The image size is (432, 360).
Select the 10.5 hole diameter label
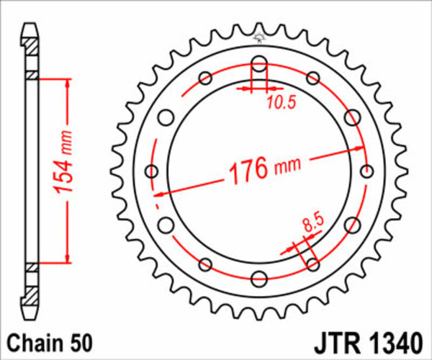281,102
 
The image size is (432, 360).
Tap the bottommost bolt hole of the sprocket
259,279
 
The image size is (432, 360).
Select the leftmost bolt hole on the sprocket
151,171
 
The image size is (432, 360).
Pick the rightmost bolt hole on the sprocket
367,171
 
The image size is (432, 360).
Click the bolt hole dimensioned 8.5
313,264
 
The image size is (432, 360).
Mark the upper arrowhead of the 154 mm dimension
66,78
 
